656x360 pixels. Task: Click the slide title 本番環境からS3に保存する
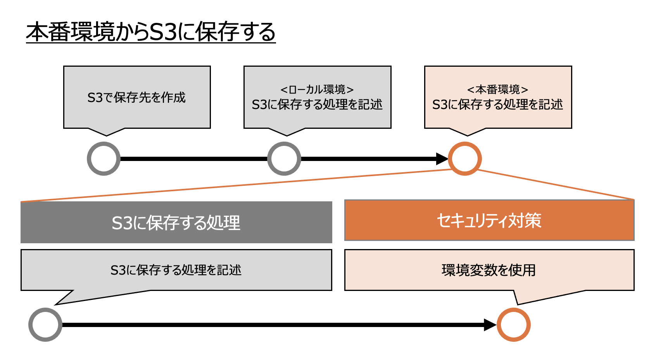click(x=150, y=32)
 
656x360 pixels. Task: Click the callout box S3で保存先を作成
click(x=136, y=97)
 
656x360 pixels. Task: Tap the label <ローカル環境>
click(x=317, y=90)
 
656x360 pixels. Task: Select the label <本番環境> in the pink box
click(x=497, y=90)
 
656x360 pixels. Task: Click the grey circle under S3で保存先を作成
click(x=104, y=159)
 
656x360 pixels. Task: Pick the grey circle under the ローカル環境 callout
click(x=284, y=159)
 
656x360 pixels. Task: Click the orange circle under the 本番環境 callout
click(x=464, y=159)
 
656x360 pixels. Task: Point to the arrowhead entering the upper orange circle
click(x=442, y=159)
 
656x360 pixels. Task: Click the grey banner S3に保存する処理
click(x=176, y=222)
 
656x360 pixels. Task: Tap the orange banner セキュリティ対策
click(x=489, y=220)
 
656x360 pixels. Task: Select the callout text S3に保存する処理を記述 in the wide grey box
click(x=176, y=270)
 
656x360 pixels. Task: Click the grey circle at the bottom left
click(x=45, y=325)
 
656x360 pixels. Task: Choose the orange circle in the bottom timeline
click(x=513, y=325)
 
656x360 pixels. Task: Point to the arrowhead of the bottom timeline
click(x=490, y=325)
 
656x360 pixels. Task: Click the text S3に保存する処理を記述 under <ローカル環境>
click(x=317, y=104)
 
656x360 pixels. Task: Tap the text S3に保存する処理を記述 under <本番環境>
click(x=497, y=104)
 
